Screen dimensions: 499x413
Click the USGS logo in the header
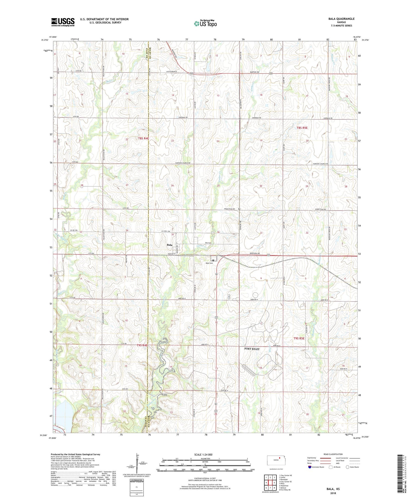[63, 22]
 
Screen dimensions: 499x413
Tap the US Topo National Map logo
[205, 23]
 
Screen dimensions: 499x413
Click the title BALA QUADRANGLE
[341, 19]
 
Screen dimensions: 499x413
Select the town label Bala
[169, 245]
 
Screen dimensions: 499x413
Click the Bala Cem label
[209, 263]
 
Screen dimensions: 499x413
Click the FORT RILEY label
[252, 349]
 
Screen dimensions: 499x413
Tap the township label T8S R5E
[302, 128]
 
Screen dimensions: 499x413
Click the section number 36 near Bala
[218, 232]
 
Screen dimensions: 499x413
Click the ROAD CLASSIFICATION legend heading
[333, 454]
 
